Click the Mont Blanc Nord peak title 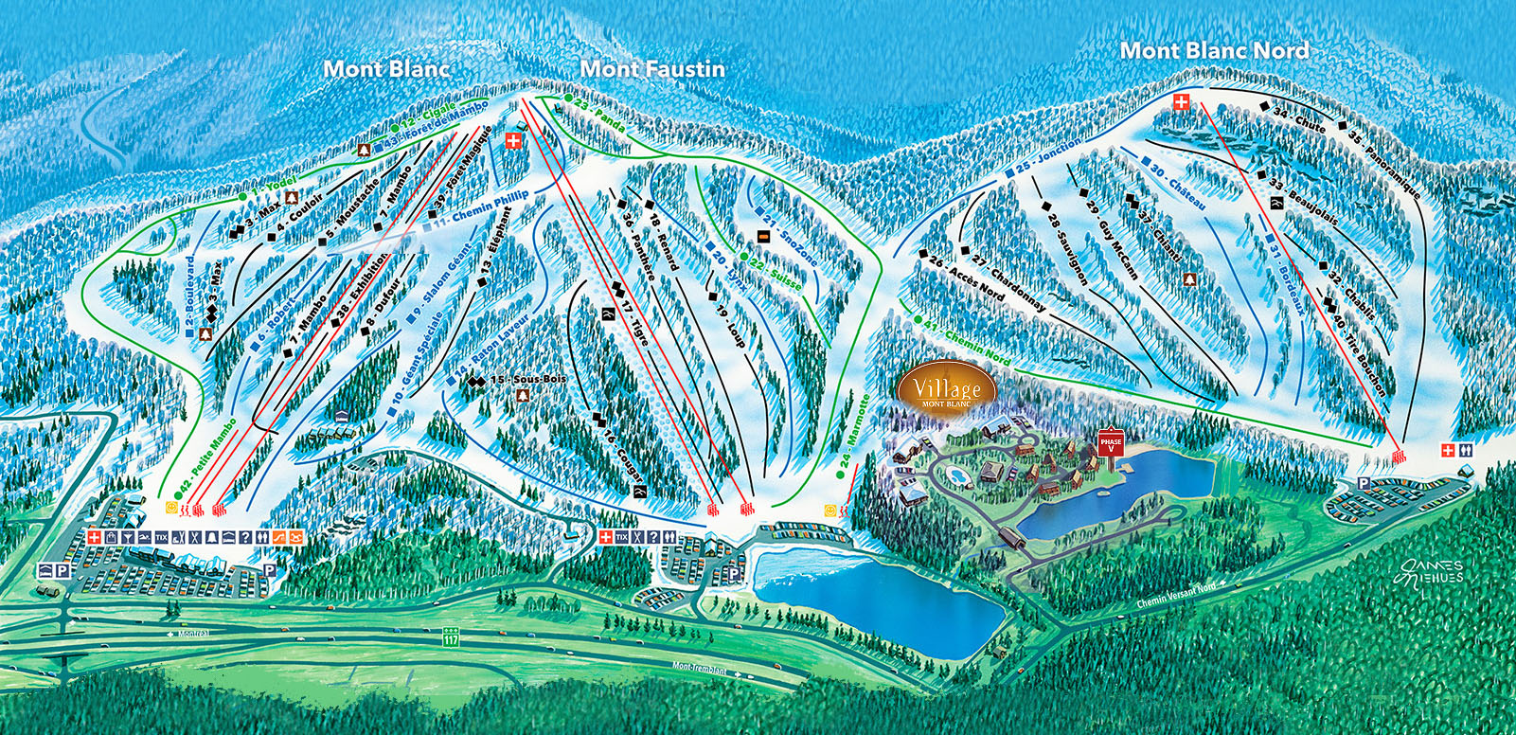1214,50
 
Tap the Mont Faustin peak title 652,68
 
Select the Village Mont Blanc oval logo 947,388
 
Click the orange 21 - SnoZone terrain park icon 762,234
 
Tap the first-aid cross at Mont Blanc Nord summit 1181,101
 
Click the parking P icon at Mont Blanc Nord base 1363,483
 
